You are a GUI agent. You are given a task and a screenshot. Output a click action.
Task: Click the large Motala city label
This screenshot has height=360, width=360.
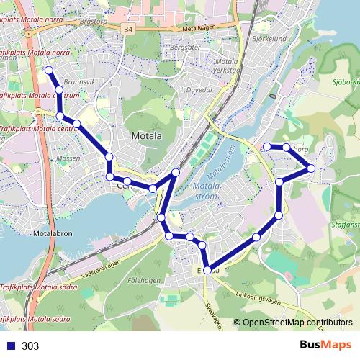(x=148, y=135)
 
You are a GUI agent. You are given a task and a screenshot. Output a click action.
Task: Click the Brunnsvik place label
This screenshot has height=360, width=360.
(x=79, y=83)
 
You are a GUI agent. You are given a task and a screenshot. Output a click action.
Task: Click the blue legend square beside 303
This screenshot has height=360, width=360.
(x=10, y=346)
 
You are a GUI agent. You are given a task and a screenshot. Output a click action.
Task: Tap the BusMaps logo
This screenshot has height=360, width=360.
(x=325, y=346)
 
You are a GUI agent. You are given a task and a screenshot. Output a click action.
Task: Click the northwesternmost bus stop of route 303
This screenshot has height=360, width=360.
(x=49, y=70)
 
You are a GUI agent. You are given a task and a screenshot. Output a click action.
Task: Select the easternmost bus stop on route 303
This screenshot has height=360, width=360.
(x=311, y=168)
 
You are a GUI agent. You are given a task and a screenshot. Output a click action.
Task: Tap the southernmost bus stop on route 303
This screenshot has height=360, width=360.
(x=207, y=271)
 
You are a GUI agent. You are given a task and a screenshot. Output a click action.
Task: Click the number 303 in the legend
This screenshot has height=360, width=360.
(x=30, y=346)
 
